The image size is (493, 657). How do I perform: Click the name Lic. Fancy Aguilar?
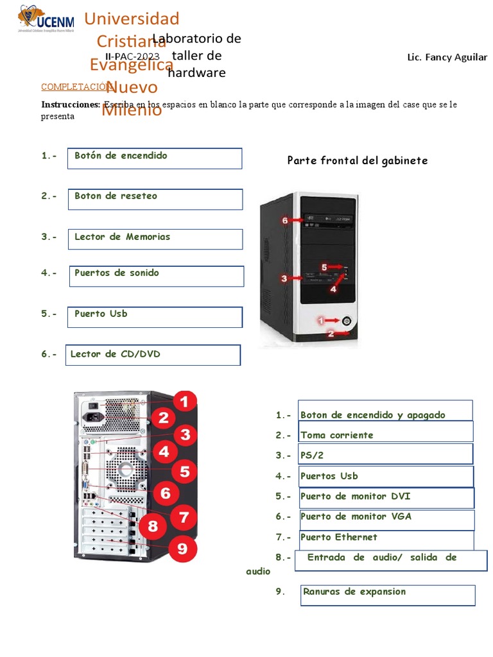(447, 57)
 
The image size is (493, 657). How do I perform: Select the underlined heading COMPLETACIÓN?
(72, 87)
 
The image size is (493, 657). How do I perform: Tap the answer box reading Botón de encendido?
(155, 158)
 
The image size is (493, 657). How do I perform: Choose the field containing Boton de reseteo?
(155, 199)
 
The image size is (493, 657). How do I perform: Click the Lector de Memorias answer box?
(155, 239)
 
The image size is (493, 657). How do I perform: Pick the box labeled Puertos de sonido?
(155, 276)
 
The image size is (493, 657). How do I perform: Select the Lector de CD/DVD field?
(153, 355)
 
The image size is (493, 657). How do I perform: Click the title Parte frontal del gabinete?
(357, 160)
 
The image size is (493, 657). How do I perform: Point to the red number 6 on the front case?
(286, 220)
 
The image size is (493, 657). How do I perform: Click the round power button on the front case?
(347, 320)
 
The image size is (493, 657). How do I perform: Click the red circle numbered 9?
(183, 549)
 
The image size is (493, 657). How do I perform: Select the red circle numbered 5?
(184, 472)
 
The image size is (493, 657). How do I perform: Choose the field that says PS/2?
(385, 454)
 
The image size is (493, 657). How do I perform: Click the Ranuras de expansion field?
(388, 595)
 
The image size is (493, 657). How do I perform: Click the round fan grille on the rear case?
(126, 468)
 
